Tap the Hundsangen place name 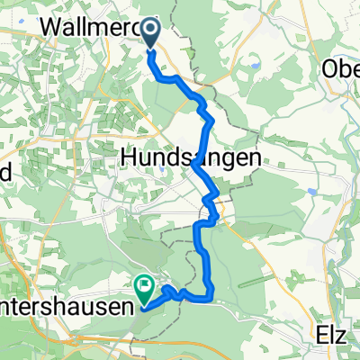pyautogui.click(x=191, y=157)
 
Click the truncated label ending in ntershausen pyautogui.click(x=67, y=306)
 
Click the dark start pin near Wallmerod pyautogui.click(x=149, y=32)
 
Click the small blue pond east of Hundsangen pyautogui.click(x=311, y=191)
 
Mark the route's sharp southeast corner pyautogui.click(x=212, y=294)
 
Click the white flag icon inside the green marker pyautogui.click(x=144, y=286)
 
